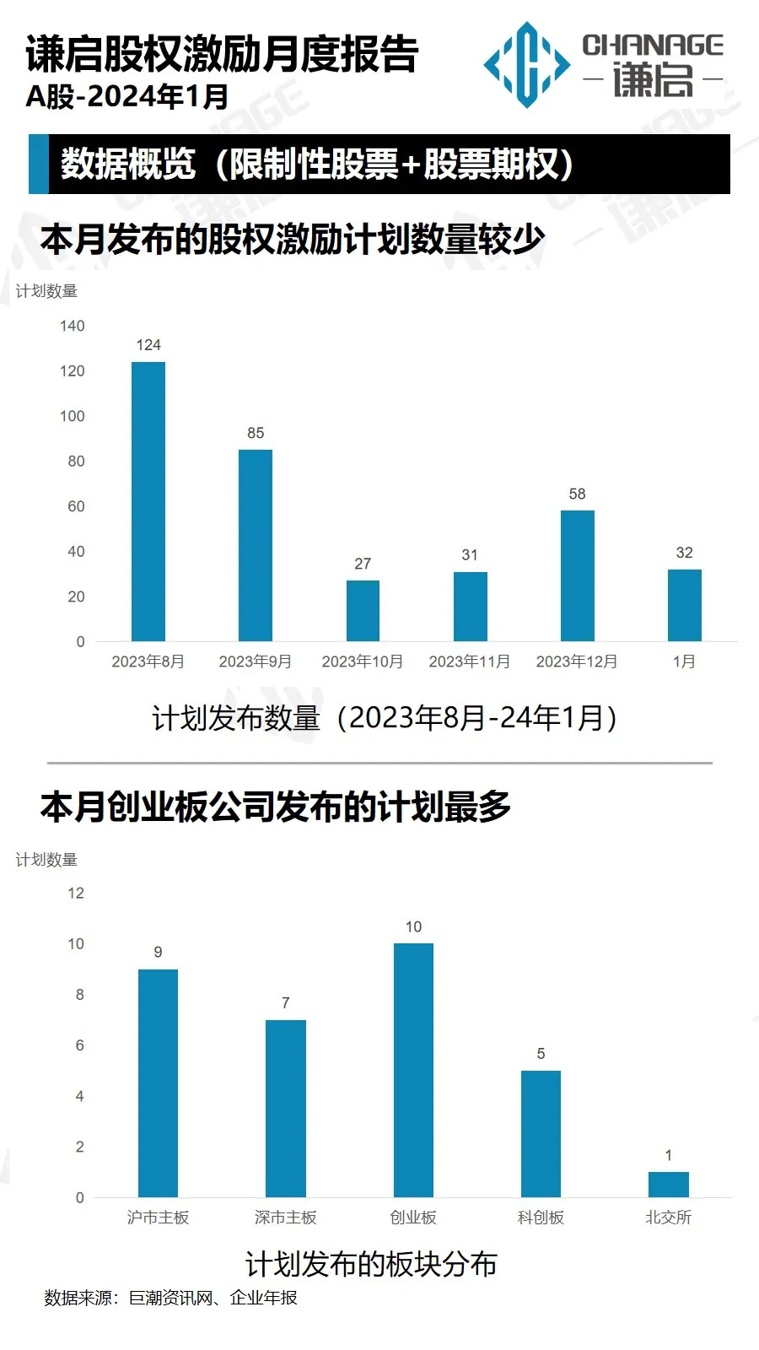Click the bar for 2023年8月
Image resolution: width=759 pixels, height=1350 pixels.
pyautogui.click(x=148, y=501)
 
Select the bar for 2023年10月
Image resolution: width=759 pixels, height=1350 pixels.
pyautogui.click(x=363, y=610)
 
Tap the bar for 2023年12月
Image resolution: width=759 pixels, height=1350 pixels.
pyautogui.click(x=577, y=575)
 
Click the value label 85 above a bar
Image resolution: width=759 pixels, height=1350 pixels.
pyautogui.click(x=256, y=433)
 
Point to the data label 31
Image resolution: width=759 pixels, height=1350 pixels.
pyautogui.click(x=470, y=555)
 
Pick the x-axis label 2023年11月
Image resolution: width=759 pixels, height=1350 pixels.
pyautogui.click(x=470, y=661)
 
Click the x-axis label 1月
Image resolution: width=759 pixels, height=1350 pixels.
pyautogui.click(x=684, y=661)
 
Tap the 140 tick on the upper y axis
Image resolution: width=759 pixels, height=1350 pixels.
pyautogui.click(x=73, y=326)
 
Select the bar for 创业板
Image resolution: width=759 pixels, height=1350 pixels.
pyautogui.click(x=413, y=1070)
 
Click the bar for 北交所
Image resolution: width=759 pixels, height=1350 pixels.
pyautogui.click(x=668, y=1184)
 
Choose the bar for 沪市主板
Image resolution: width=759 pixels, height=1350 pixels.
pyautogui.click(x=158, y=1083)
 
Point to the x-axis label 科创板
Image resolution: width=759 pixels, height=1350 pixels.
pyautogui.click(x=541, y=1218)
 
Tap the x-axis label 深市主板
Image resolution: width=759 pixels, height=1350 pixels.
pyautogui.click(x=286, y=1218)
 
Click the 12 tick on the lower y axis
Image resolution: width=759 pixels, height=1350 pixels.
pyautogui.click(x=76, y=893)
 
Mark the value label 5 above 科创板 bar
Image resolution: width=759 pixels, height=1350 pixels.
pyautogui.click(x=541, y=1054)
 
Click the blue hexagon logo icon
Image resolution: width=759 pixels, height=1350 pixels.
pyautogui.click(x=527, y=65)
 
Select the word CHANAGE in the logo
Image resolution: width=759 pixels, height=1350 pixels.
pyautogui.click(x=653, y=45)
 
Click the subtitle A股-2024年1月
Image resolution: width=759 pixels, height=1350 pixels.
pyautogui.click(x=127, y=97)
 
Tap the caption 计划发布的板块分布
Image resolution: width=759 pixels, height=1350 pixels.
pyautogui.click(x=371, y=1264)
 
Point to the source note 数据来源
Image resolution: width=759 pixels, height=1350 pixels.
pyautogui.click(x=81, y=1298)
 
